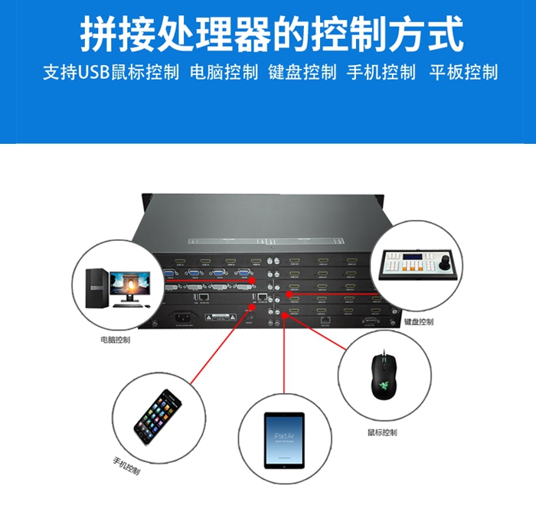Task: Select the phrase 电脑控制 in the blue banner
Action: [x=223, y=73]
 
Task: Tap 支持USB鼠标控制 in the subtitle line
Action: [x=111, y=73]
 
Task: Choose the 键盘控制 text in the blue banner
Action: [x=302, y=73]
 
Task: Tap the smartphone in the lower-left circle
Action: [x=159, y=416]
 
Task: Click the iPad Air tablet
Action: [x=284, y=441]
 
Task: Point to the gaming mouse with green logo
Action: [x=381, y=376]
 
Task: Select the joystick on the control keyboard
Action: [x=444, y=263]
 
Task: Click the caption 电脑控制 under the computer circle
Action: [x=115, y=339]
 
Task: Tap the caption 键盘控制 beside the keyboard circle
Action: [x=418, y=321]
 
